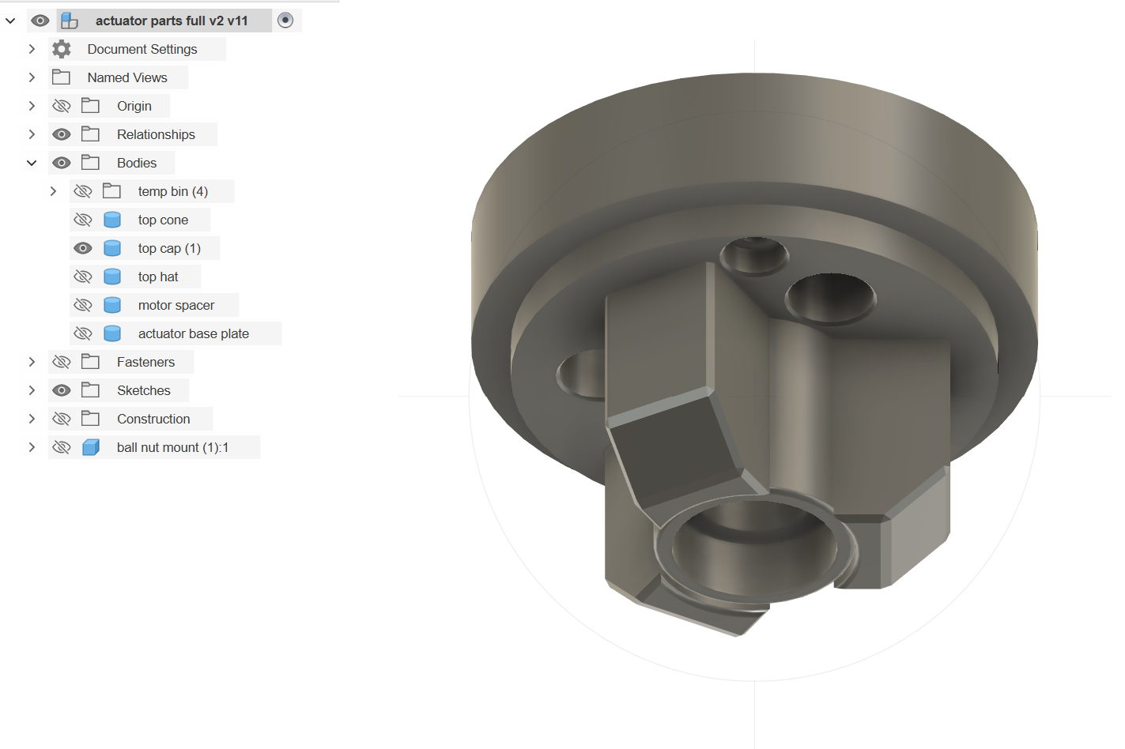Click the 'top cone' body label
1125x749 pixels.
point(163,220)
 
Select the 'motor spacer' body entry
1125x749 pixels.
point(176,305)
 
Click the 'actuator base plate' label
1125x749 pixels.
point(193,333)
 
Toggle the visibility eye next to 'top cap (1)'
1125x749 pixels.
point(83,248)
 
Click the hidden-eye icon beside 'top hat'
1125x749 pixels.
point(83,277)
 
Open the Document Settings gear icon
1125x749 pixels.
point(62,49)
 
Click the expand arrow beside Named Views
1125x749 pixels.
point(32,77)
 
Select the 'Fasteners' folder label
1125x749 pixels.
point(145,362)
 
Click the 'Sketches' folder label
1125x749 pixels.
point(143,390)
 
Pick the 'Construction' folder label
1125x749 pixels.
point(153,419)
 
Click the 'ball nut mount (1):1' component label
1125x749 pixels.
point(172,447)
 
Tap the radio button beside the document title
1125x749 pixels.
point(285,21)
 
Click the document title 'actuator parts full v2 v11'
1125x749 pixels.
point(172,21)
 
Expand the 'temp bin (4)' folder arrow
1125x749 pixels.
point(53,191)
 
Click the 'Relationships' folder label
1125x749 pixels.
point(156,134)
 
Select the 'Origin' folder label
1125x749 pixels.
point(134,106)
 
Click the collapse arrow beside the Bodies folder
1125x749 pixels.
point(32,163)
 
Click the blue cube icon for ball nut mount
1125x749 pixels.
point(91,447)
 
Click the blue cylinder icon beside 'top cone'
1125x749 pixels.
point(112,220)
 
